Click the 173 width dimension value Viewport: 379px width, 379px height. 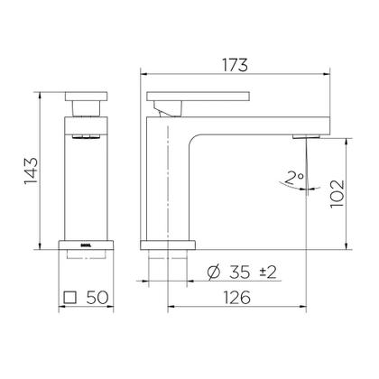(236, 65)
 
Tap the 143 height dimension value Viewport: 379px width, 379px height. (32, 171)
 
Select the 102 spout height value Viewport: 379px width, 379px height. (337, 194)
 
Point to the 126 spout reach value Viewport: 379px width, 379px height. (236, 298)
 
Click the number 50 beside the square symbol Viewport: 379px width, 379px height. (97, 298)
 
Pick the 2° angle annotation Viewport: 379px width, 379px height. (291, 178)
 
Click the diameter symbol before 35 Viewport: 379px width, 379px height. (214, 273)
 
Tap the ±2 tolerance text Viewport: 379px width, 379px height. (268, 273)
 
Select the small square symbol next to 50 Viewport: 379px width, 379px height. (69, 298)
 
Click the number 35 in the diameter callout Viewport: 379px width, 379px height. (239, 273)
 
